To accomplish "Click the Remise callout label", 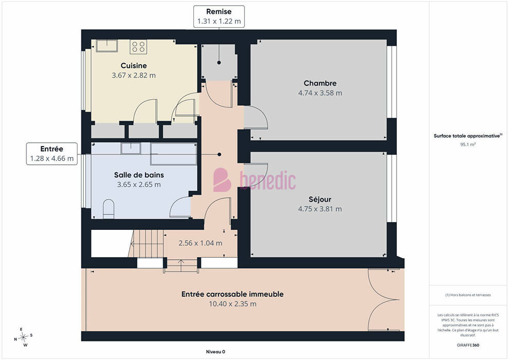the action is click(219, 16).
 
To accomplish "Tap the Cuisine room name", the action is click(134, 66).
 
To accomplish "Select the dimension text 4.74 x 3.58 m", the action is click(320, 93).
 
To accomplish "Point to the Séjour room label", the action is click(320, 200).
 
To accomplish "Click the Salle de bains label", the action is click(139, 175).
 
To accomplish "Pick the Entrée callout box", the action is click(52, 154).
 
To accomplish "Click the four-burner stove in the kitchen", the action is click(138, 46).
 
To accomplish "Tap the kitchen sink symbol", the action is click(106, 46).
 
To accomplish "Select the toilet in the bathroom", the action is click(108, 209).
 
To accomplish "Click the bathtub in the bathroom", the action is click(174, 154).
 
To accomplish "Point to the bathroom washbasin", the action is click(131, 148).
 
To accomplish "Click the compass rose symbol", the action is click(24, 337).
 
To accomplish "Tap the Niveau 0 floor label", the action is click(215, 352).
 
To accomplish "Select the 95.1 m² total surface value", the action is click(468, 145).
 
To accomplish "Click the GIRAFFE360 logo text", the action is click(468, 345).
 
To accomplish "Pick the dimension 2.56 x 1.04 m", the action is click(201, 243).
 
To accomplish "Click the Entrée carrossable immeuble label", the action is click(232, 294).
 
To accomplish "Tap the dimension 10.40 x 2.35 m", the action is click(232, 304).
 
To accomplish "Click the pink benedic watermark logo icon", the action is click(222, 180).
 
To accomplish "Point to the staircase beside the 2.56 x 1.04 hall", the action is click(147, 243).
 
